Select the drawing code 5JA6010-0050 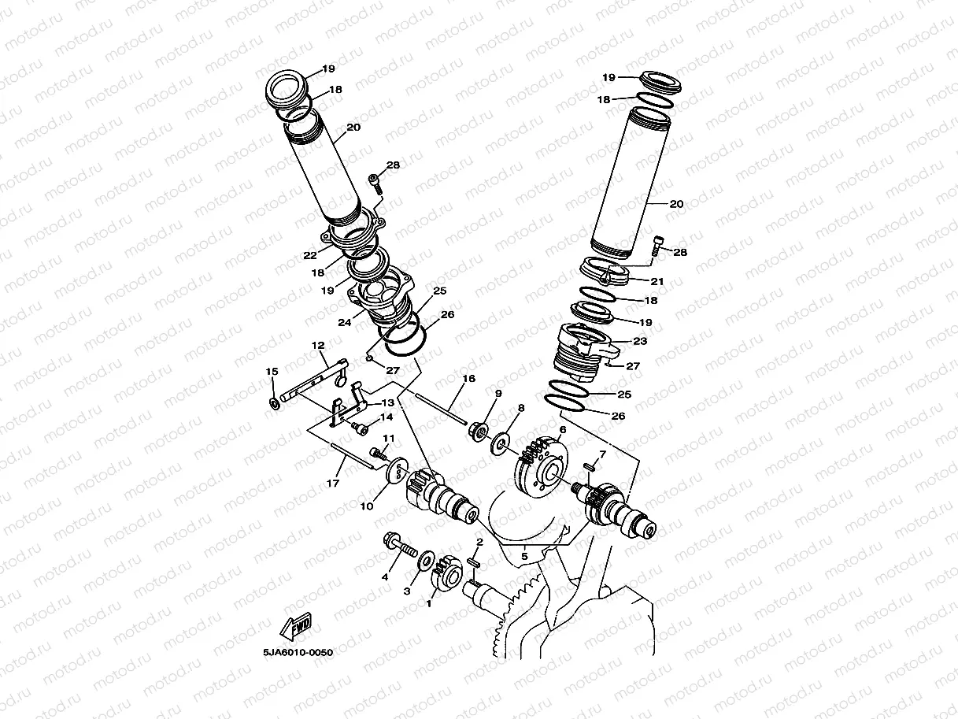pyautogui.click(x=294, y=652)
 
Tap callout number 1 pyautogui.click(x=429, y=604)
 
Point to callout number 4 pyautogui.click(x=385, y=577)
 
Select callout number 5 pyautogui.click(x=523, y=557)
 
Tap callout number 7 pyautogui.click(x=602, y=454)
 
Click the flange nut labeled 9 pyautogui.click(x=479, y=432)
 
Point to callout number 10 pyautogui.click(x=366, y=506)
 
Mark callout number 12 pyautogui.click(x=318, y=346)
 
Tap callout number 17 pyautogui.click(x=333, y=482)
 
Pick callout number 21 pyautogui.click(x=657, y=281)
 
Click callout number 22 pyautogui.click(x=309, y=255)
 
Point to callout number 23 pyautogui.click(x=640, y=341)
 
